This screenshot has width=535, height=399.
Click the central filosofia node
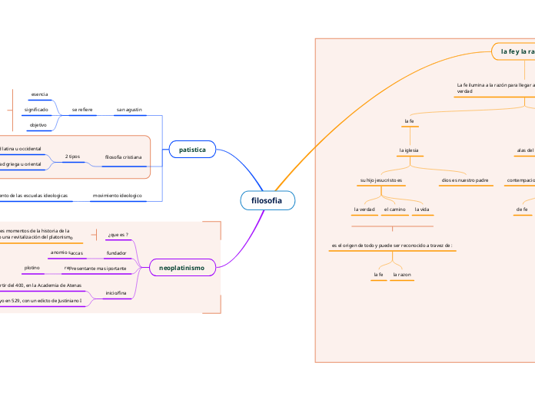[x=267, y=200]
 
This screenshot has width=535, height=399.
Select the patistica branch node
[x=192, y=150]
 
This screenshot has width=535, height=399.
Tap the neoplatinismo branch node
[x=181, y=268]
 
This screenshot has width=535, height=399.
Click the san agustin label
[x=129, y=110]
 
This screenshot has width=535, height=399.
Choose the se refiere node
[x=82, y=110]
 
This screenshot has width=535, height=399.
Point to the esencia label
[x=39, y=94]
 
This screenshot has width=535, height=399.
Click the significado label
[x=36, y=110]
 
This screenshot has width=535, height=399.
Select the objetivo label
[x=38, y=124]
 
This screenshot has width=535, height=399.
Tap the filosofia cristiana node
[x=124, y=157]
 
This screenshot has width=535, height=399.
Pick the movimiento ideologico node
[x=118, y=196]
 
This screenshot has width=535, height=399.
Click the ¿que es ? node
[x=118, y=234]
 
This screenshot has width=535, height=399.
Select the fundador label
[x=116, y=252]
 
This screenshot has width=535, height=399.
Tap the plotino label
[x=32, y=268]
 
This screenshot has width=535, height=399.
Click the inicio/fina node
[x=116, y=292]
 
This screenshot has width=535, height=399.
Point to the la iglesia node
[x=408, y=150]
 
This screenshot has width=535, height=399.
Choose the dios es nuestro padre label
[x=465, y=180]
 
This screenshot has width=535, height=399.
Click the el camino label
[x=394, y=209]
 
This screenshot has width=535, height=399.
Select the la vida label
[x=421, y=209]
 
